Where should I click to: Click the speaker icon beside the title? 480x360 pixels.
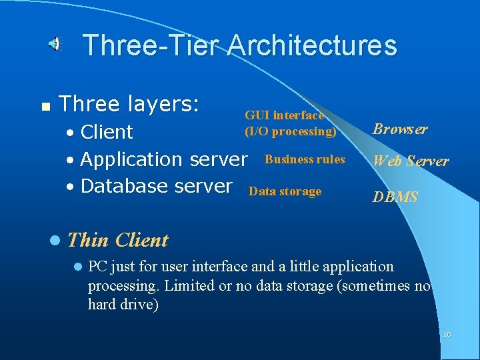[x=55, y=45]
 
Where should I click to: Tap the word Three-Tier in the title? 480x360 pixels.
[x=151, y=46]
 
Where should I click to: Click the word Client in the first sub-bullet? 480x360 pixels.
[x=107, y=132]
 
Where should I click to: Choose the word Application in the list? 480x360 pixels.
[x=133, y=160]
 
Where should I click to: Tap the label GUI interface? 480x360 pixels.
[x=285, y=115]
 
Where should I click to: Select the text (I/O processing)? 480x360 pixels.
[x=290, y=131]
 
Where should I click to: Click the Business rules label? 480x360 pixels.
[x=305, y=159]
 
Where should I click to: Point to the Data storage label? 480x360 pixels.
[x=285, y=192]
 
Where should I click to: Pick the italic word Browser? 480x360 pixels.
[x=400, y=129]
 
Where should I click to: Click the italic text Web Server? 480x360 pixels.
[x=411, y=161]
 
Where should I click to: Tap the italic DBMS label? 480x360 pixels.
[x=395, y=197]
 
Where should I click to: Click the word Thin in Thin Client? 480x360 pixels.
[x=89, y=240]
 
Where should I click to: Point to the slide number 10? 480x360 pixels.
[x=446, y=334]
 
